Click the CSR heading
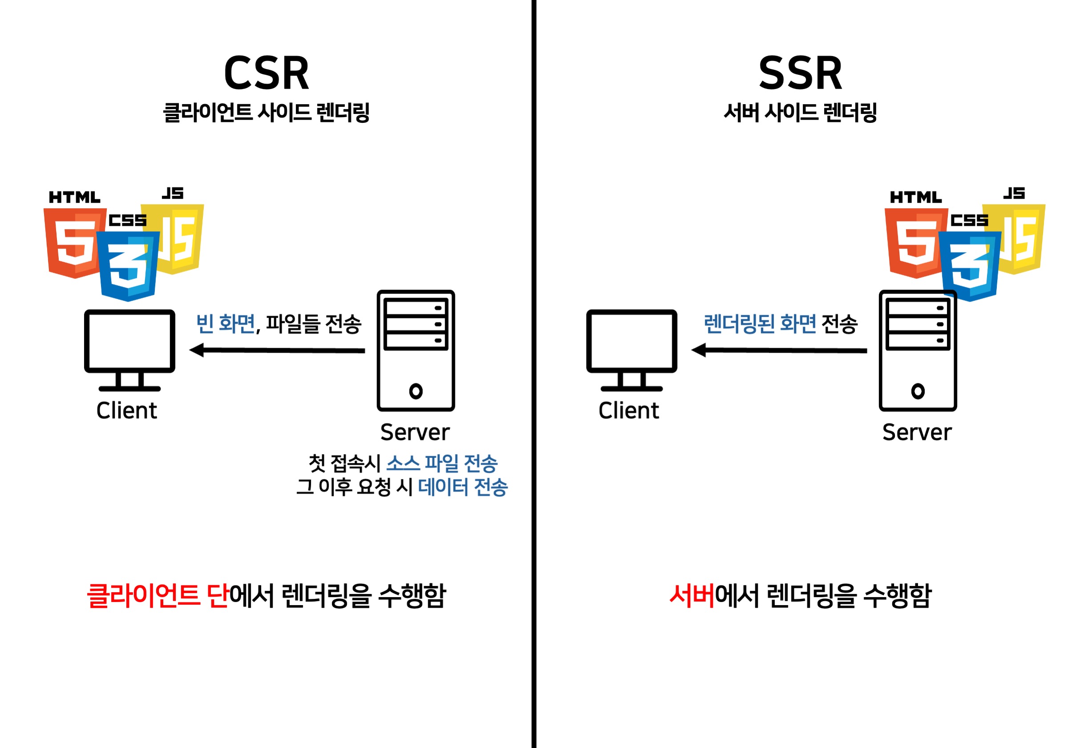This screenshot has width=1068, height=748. (x=266, y=73)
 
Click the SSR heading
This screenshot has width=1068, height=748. (x=800, y=73)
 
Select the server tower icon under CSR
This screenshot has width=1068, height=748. (x=415, y=350)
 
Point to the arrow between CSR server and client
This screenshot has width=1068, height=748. (x=277, y=350)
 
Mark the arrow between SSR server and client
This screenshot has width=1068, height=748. (x=779, y=350)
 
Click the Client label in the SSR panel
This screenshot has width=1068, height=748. (x=628, y=411)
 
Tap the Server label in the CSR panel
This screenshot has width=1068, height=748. (x=415, y=432)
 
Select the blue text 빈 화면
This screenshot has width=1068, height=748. (x=225, y=324)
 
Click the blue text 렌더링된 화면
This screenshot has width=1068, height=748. (x=760, y=324)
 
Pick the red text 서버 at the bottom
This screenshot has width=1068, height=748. (x=691, y=596)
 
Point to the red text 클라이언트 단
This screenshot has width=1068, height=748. (x=157, y=596)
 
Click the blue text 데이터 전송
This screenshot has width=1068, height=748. (x=462, y=488)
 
